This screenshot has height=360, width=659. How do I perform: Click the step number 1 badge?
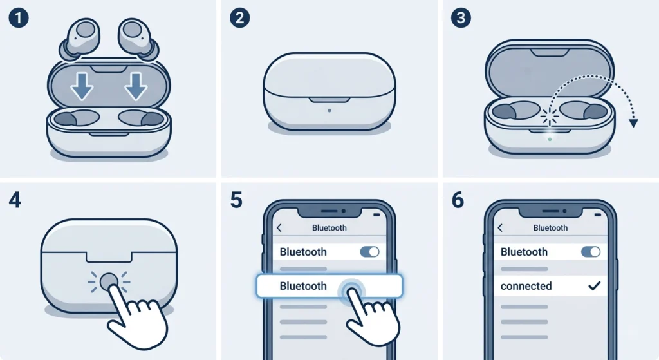(19, 18)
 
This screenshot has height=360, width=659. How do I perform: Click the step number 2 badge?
(239, 18)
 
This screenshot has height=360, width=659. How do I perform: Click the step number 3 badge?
(461, 18)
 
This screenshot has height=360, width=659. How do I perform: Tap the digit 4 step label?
(15, 200)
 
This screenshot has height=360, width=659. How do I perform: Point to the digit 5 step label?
(236, 200)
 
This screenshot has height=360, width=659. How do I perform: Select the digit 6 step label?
(458, 200)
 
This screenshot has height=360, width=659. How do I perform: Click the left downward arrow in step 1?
(82, 86)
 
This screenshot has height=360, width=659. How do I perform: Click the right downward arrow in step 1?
(136, 86)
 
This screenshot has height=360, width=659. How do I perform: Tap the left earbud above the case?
(80, 39)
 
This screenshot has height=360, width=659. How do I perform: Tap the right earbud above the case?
(138, 39)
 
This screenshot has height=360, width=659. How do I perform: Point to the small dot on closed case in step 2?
(329, 111)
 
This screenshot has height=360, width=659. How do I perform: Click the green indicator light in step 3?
(550, 139)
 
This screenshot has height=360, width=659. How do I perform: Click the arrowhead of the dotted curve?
(633, 123)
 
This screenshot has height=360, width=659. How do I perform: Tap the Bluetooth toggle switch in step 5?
(370, 252)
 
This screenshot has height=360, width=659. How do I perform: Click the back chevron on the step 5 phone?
(279, 228)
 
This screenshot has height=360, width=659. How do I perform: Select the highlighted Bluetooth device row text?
(303, 286)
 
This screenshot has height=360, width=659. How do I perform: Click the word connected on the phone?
(526, 286)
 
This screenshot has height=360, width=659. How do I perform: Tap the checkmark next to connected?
(594, 286)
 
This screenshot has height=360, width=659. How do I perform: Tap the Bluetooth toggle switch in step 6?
(591, 252)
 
